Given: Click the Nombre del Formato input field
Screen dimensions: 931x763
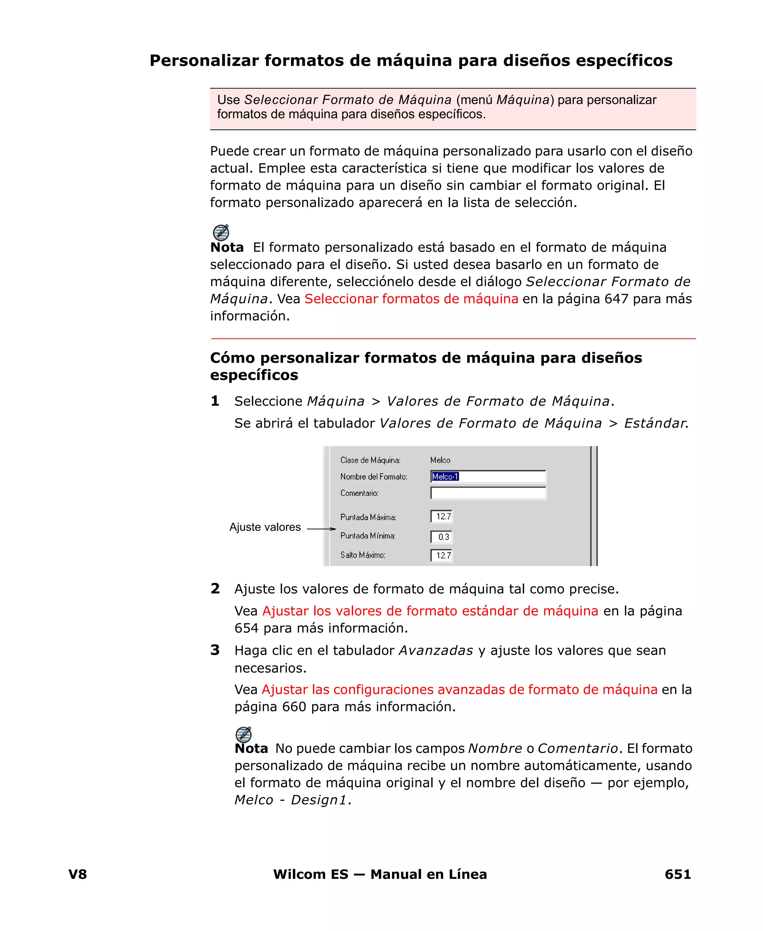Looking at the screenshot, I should [x=488, y=476].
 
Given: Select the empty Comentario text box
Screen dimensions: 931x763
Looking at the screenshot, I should [x=488, y=493].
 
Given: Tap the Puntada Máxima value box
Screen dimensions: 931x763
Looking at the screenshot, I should [x=441, y=516].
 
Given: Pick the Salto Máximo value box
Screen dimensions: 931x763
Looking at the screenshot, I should [x=441, y=556].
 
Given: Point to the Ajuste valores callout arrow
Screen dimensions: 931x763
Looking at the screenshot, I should [x=321, y=529].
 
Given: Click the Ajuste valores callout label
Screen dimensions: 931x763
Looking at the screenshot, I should [x=265, y=527].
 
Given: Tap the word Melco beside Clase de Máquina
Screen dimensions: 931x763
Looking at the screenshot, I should [x=440, y=460].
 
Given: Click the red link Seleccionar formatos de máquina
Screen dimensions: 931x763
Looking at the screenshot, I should [x=411, y=299].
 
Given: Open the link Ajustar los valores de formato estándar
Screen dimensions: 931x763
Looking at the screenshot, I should [x=430, y=611].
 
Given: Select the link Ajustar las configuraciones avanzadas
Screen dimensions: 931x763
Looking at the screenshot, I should [x=459, y=689].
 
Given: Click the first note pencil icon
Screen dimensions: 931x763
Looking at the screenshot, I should [x=221, y=232].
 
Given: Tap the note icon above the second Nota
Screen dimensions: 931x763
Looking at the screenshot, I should [x=244, y=734].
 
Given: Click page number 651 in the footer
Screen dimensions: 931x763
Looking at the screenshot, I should [x=677, y=874].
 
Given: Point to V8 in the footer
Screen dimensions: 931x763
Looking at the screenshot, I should [x=78, y=874].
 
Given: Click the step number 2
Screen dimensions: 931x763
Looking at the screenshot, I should [x=215, y=588].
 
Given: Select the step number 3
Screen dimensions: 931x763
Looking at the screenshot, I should [x=215, y=650].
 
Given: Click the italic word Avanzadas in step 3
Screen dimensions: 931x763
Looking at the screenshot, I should [x=436, y=650].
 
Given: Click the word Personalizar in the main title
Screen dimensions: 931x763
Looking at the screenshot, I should [x=204, y=60].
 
